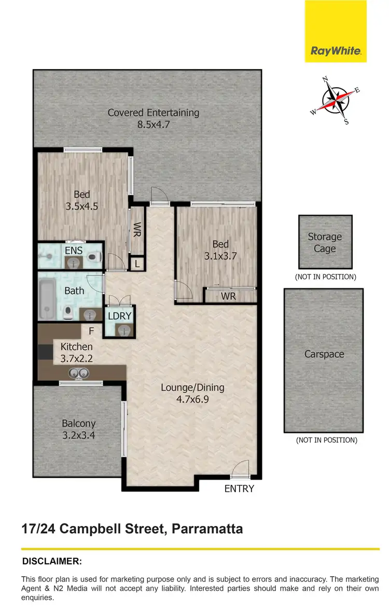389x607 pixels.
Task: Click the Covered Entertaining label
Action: coord(153,112)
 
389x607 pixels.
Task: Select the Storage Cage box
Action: coord(325,242)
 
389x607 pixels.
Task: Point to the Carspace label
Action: coord(324,354)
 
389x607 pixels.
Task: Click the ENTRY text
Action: coord(239,489)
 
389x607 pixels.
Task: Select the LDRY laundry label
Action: coord(120,316)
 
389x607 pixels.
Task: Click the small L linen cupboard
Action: coord(136,264)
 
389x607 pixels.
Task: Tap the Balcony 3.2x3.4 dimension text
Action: coord(78,436)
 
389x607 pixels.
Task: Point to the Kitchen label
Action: coord(76,347)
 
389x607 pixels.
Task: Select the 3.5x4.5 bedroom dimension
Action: coord(82,206)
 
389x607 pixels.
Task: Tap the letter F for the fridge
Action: coord(91,331)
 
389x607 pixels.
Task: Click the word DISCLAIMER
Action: coord(52,561)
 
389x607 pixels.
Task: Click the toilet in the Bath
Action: coord(68,312)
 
